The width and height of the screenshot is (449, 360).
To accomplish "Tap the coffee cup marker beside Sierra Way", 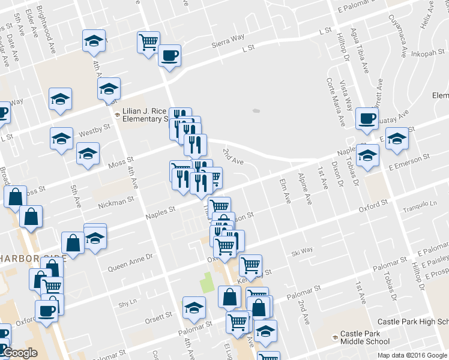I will (169, 56).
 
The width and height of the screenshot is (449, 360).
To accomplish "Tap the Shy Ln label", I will (127, 303).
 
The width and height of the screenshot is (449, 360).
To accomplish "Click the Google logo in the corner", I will (20, 353).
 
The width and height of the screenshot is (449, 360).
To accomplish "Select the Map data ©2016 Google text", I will (412, 355).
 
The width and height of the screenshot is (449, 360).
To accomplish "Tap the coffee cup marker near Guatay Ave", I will (366, 118).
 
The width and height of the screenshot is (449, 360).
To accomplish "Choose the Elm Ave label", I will (284, 190).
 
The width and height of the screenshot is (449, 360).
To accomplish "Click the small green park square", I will (208, 281).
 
